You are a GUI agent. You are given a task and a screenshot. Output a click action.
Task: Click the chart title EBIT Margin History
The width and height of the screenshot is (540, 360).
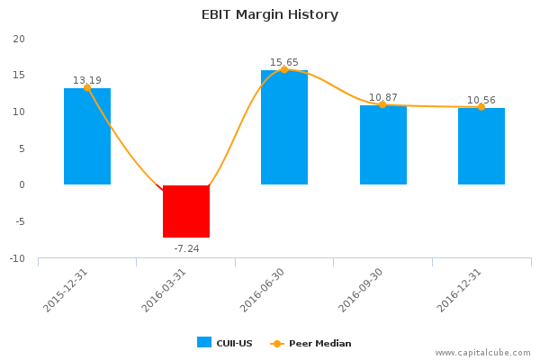[x=269, y=14]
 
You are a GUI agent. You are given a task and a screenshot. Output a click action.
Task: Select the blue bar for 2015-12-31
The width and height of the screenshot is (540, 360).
[x=87, y=137]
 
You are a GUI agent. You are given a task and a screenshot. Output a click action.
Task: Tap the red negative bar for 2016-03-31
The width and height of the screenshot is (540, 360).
[x=186, y=211]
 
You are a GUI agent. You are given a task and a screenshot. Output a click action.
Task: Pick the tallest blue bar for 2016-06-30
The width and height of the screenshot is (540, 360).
[x=284, y=128]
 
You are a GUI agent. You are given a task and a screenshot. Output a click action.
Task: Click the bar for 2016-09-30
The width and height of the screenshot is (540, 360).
[x=383, y=145]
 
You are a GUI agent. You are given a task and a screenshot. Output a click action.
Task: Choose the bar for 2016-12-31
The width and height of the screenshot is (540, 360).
[x=481, y=147]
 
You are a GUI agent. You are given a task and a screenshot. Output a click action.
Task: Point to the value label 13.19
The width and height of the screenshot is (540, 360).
[x=87, y=79]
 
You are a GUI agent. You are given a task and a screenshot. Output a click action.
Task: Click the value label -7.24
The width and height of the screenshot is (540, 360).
[x=186, y=247]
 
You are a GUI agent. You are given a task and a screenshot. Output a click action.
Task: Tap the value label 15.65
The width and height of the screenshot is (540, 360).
[x=284, y=62]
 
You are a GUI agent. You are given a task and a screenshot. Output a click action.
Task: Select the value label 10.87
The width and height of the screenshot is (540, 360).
[x=383, y=96]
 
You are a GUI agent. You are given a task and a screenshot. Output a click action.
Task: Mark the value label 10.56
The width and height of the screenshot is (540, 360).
[x=481, y=100]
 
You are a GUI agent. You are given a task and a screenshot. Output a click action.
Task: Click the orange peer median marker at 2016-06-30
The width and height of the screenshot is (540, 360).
[x=284, y=69]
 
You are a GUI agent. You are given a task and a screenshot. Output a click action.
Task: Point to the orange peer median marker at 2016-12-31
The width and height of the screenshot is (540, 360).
[x=481, y=107]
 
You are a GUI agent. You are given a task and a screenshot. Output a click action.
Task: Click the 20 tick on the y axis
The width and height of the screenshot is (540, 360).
[x=19, y=39]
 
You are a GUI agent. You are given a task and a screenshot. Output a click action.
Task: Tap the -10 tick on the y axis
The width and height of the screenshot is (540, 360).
[x=17, y=259]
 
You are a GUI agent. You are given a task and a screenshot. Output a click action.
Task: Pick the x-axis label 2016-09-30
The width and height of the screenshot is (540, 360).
[x=364, y=290]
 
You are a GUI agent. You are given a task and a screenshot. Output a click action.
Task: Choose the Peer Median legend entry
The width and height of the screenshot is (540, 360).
[x=311, y=343]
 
